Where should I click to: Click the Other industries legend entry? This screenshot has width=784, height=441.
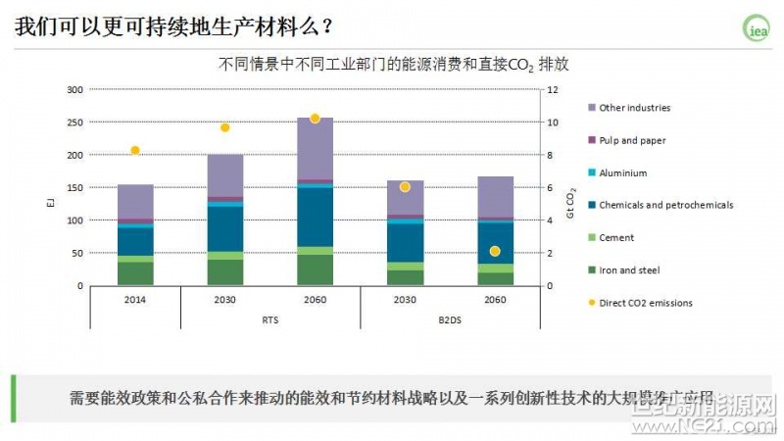(634, 108)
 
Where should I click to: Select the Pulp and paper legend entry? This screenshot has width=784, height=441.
(632, 140)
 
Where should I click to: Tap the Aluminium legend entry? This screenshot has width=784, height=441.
(622, 172)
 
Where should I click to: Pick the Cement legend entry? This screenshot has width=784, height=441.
(616, 237)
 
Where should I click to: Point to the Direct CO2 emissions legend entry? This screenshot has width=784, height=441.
(645, 303)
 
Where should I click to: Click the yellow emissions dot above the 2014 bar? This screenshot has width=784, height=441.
(135, 150)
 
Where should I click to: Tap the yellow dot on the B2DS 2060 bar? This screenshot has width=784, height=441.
(495, 251)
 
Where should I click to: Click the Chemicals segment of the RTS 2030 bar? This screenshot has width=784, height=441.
(225, 228)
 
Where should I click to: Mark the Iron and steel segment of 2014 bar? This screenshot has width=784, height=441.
(135, 273)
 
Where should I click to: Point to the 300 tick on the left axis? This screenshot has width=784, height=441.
(74, 90)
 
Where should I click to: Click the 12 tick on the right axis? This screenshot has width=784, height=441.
(553, 90)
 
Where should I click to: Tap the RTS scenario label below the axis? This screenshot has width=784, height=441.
(270, 319)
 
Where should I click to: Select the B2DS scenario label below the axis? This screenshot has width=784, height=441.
(450, 319)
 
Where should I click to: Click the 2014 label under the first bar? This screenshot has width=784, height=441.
(135, 299)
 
